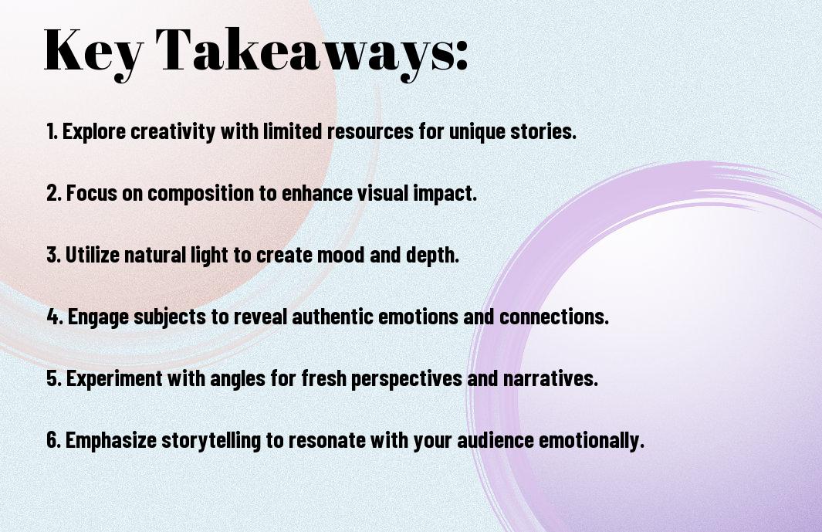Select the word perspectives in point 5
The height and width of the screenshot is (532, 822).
point(386,379)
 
